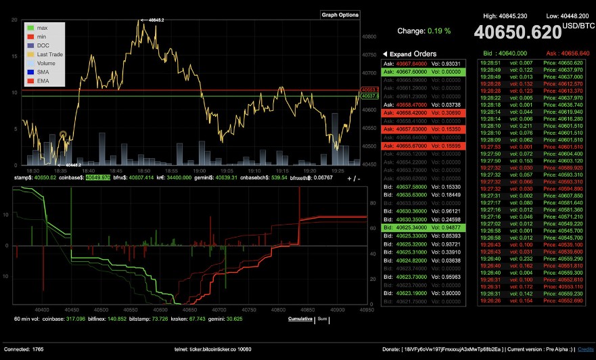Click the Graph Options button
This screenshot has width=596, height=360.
click(340, 14)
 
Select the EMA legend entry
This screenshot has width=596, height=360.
click(43, 80)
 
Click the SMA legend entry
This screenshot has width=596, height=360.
click(43, 71)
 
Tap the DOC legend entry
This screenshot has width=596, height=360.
click(43, 45)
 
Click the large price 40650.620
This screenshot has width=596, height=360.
click(517, 32)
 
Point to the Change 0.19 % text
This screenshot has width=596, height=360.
click(423, 31)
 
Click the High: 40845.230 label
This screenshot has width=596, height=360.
click(505, 14)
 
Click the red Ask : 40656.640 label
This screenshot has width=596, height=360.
click(566, 53)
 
